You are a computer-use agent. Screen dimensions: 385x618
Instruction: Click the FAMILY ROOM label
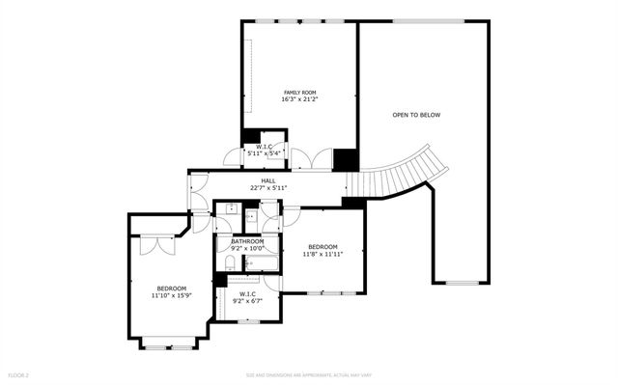pos(298,92)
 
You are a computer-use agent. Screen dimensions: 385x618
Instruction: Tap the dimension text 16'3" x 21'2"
pos(298,99)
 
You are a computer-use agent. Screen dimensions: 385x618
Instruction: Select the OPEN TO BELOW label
pos(416,115)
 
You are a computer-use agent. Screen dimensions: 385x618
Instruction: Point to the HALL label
pos(268,179)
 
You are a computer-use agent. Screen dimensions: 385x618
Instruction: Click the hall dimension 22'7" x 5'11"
pos(268,187)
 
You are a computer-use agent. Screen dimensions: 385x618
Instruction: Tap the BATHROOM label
pos(247,241)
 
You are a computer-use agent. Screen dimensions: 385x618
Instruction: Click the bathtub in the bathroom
pos(260,261)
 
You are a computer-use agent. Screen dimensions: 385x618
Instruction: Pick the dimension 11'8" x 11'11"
pos(323,255)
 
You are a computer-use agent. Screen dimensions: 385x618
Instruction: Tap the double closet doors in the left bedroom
pos(151,243)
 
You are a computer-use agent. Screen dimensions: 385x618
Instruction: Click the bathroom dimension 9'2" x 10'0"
pos(247,249)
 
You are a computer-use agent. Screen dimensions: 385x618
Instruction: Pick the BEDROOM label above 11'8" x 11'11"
pos(323,247)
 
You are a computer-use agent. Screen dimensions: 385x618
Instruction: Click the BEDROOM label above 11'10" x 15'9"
pos(172,289)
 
